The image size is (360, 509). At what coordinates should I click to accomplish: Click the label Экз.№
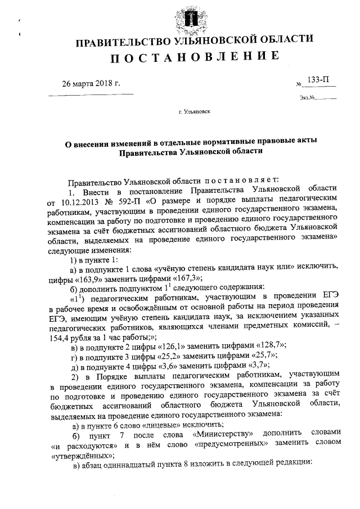pyautogui.click(x=307, y=99)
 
